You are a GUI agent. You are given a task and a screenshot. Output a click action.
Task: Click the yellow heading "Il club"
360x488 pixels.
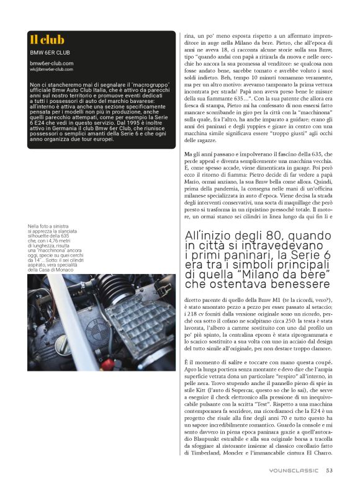pyautogui.click(x=47, y=40)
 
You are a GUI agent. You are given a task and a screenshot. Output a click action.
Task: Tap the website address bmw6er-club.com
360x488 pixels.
pyautogui.click(x=52, y=63)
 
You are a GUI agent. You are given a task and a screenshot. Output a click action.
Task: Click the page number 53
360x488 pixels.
pyautogui.click(x=329, y=470)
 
